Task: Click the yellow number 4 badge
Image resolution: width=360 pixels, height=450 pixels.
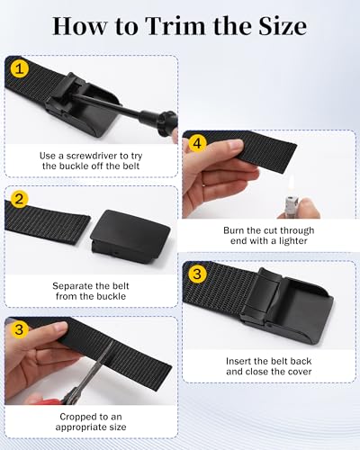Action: coord(196,142)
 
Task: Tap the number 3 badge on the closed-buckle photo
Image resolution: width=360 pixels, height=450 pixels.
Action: coord(196,274)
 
